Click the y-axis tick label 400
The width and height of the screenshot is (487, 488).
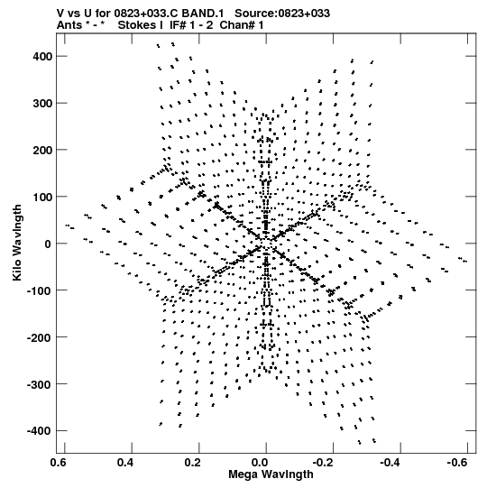(42, 56)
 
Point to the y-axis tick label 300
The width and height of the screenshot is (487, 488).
(42, 104)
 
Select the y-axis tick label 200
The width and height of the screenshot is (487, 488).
(42, 150)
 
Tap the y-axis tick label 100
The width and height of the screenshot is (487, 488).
(42, 197)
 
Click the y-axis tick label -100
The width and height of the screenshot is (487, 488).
(40, 290)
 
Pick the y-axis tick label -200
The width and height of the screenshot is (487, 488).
(40, 337)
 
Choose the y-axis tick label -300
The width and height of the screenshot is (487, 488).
(40, 384)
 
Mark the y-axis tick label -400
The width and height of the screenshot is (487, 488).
(40, 431)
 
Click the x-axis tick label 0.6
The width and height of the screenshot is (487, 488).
(59, 463)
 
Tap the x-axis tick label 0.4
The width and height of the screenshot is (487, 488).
(125, 463)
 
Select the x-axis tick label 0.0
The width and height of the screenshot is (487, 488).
(260, 463)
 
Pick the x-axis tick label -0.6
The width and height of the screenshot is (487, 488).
(461, 463)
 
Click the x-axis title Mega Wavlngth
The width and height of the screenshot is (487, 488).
(271, 474)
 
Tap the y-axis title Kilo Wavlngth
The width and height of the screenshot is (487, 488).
(17, 243)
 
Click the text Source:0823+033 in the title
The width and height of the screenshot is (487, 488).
(282, 14)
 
